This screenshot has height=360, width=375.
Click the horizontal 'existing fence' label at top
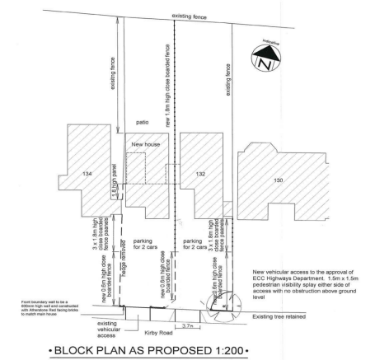coord(190,16)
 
